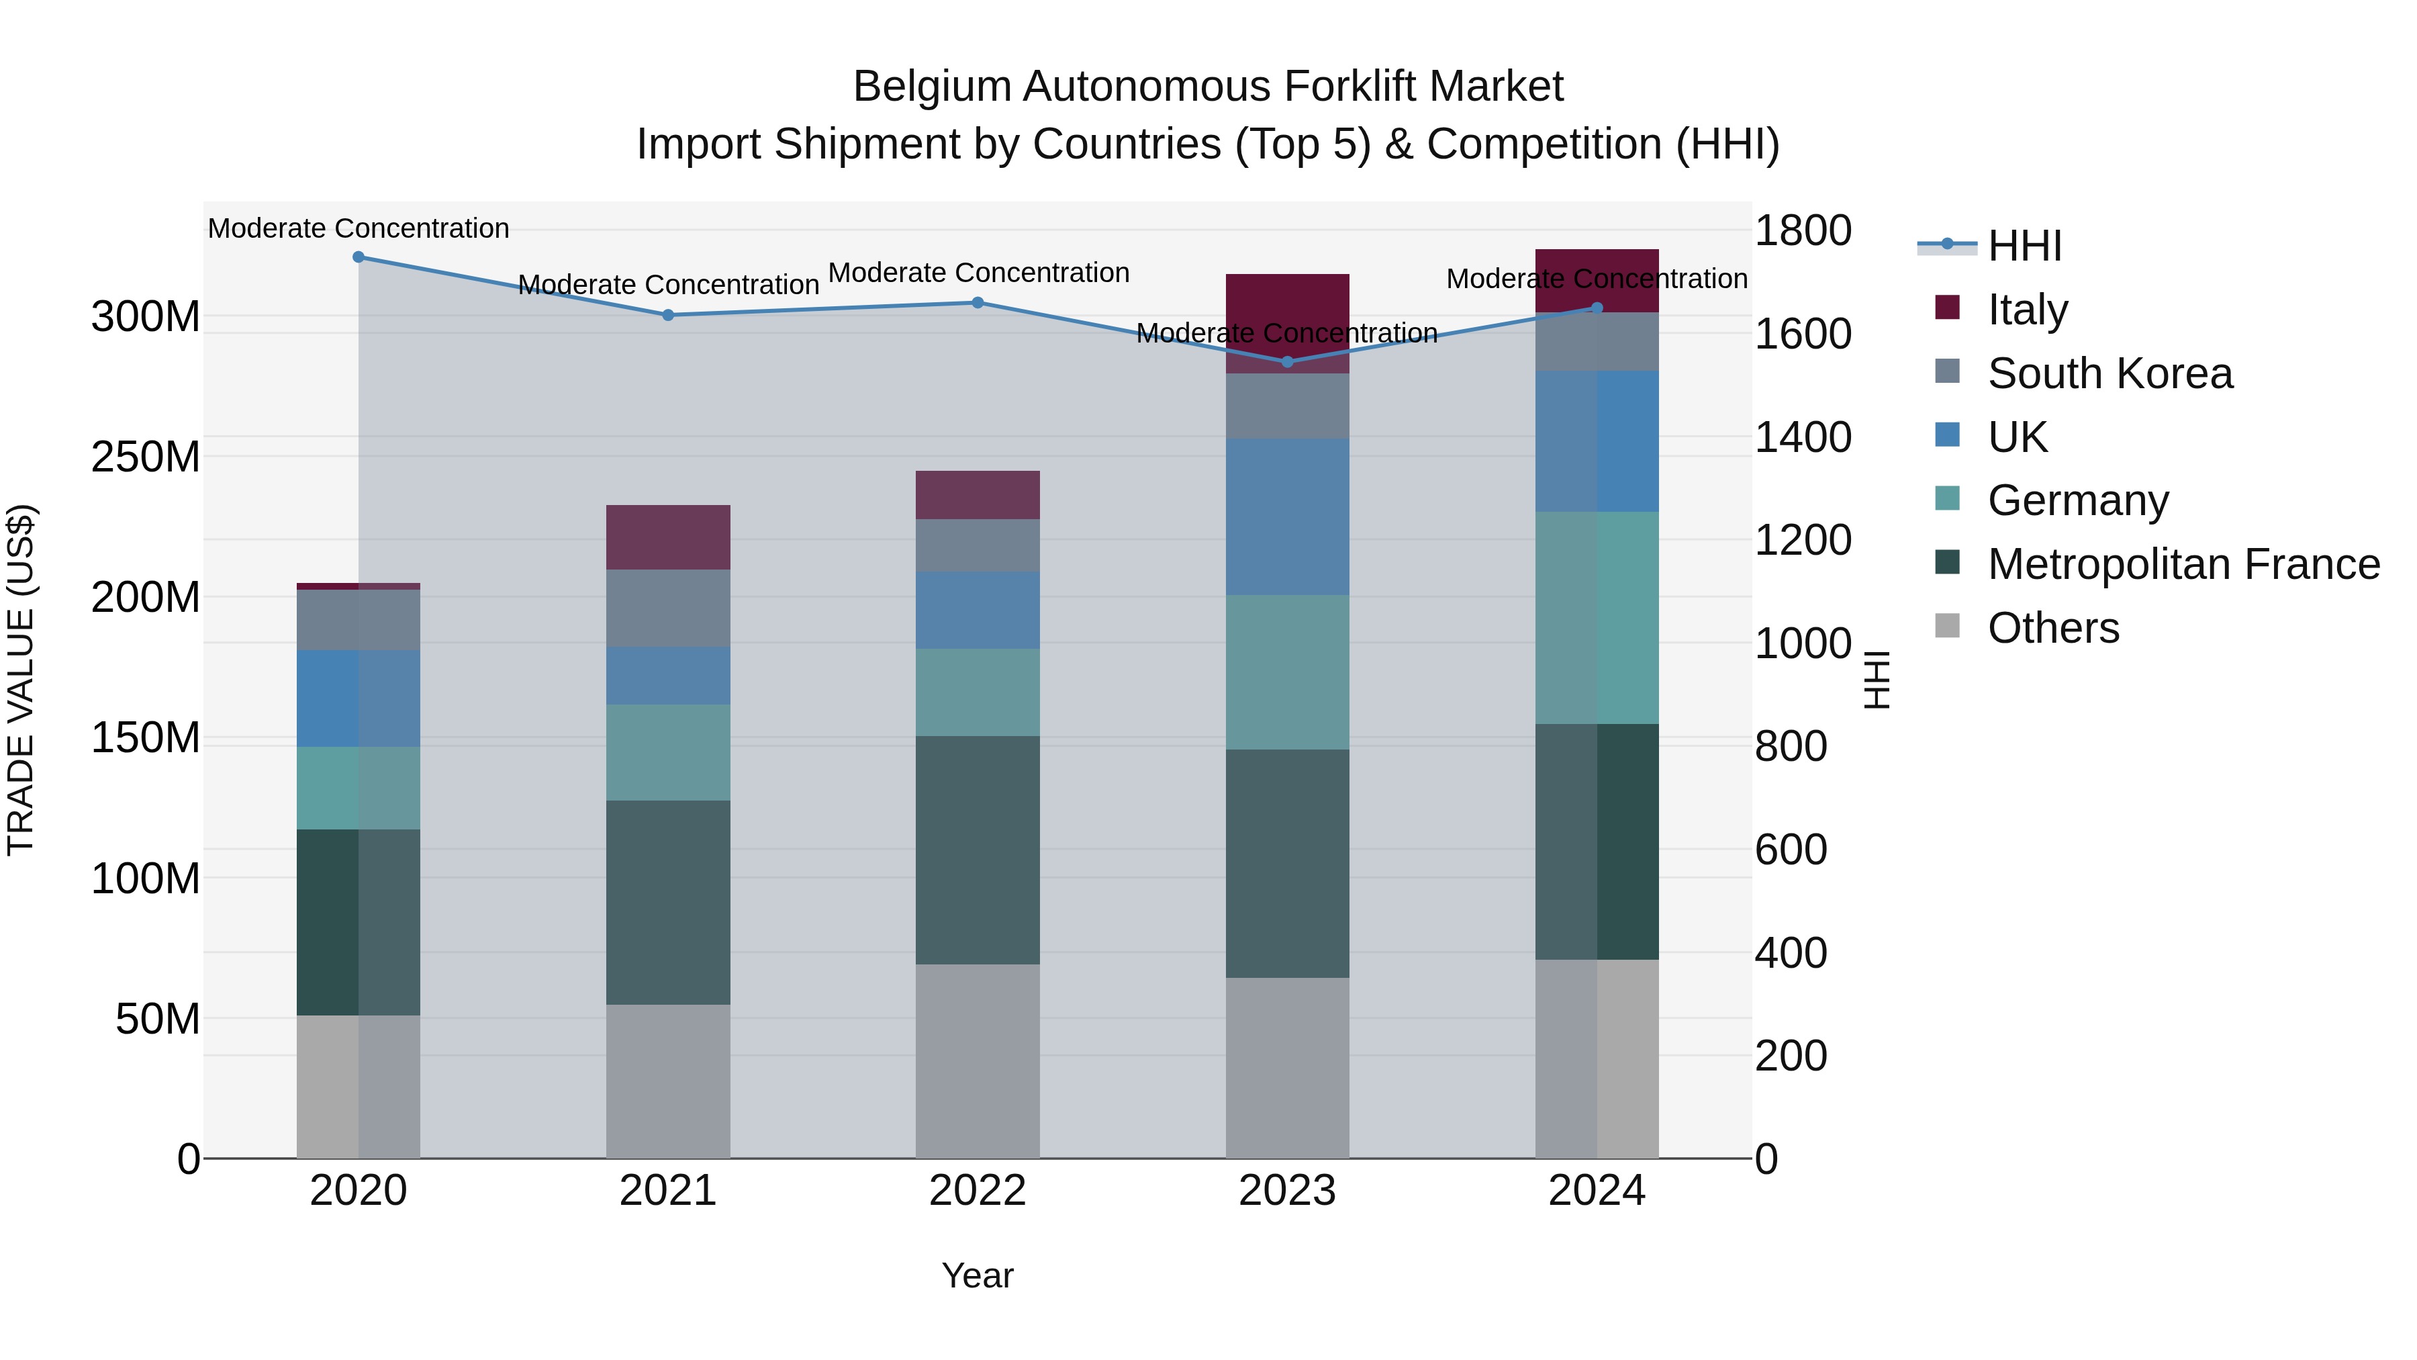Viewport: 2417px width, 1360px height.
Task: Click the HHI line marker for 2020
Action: click(x=359, y=257)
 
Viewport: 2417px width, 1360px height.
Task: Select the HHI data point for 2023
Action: click(x=1286, y=361)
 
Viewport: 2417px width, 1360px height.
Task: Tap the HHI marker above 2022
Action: click(x=977, y=302)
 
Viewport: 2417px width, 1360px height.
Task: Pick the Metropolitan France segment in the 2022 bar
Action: click(x=977, y=850)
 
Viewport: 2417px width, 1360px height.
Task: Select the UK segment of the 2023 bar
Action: click(x=1286, y=516)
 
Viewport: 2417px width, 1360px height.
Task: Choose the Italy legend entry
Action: click(x=2027, y=310)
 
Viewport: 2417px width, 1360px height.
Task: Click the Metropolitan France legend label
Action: click(x=2183, y=564)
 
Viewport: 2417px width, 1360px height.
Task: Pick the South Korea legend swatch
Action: click(x=1947, y=371)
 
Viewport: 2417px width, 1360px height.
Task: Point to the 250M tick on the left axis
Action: click(x=146, y=457)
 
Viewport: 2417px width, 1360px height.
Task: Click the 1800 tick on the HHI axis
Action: click(x=1803, y=231)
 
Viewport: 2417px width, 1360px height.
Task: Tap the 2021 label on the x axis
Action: click(x=667, y=1191)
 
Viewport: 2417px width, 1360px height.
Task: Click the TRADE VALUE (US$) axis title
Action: click(x=21, y=680)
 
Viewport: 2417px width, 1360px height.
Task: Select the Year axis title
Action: click(x=977, y=1275)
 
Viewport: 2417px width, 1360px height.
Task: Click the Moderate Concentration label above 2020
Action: click(x=359, y=228)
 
